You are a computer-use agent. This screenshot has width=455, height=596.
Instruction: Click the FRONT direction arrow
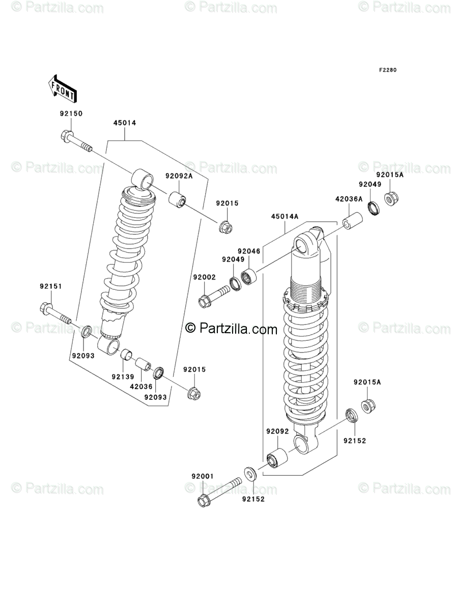tap(63, 88)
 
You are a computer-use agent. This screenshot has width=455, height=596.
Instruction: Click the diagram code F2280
tap(387, 70)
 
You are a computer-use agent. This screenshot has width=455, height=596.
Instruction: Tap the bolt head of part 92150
tap(67, 136)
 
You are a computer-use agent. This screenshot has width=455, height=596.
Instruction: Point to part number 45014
tap(125, 123)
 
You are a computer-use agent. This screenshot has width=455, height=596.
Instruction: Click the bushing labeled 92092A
tap(177, 199)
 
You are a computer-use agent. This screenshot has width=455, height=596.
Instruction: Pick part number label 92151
tap(51, 287)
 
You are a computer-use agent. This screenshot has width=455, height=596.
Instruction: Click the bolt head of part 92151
tap(45, 308)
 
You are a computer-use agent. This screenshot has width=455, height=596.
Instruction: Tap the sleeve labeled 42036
tap(143, 364)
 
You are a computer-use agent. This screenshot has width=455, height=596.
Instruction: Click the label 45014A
tap(285, 216)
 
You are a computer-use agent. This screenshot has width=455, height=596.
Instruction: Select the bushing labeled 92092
tap(277, 457)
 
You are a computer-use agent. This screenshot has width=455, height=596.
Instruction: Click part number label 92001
tap(203, 476)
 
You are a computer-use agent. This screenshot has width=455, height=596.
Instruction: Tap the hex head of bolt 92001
tap(204, 501)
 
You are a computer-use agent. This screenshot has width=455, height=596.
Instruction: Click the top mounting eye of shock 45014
tap(143, 179)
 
